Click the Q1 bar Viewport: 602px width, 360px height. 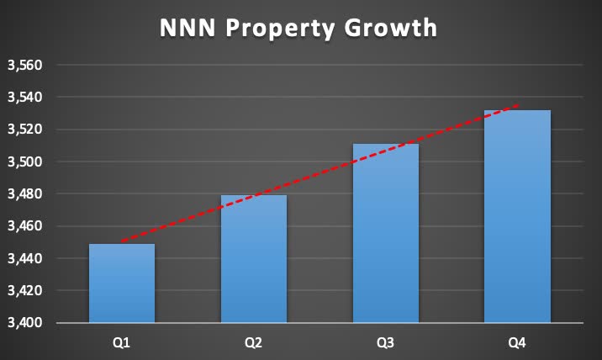coord(122,283)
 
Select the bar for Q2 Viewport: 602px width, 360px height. coord(254,259)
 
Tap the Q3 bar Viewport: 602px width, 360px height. coord(386,233)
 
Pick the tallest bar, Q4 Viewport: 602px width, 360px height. coord(518,216)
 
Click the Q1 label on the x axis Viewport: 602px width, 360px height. coord(122,343)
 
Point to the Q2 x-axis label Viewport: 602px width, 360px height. coord(254,343)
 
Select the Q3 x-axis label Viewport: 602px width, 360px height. coord(386,343)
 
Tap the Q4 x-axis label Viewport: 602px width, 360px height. coord(518,343)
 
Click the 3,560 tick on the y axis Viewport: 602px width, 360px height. coord(24,66)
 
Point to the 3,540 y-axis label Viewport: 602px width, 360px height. coord(24,98)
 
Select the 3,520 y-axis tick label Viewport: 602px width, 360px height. coord(24,130)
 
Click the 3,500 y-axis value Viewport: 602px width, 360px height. coord(24,161)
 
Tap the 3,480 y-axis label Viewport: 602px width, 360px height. coord(24,194)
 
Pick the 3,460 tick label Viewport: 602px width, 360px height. coord(24,226)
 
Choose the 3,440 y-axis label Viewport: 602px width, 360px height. coord(24,258)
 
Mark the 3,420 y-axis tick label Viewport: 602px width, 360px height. coord(24,291)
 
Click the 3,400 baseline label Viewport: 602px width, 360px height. coord(24,323)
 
